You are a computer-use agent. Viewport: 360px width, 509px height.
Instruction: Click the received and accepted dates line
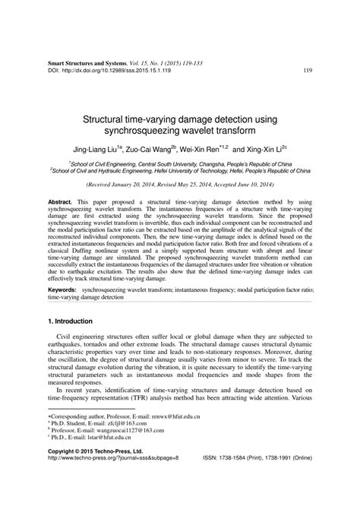pyautogui.click(x=180, y=184)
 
